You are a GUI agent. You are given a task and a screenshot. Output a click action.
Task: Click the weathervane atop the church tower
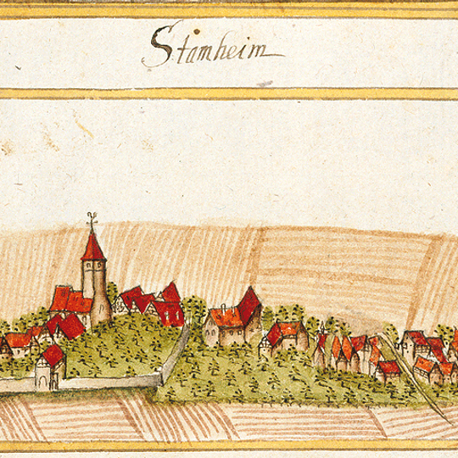[91, 224]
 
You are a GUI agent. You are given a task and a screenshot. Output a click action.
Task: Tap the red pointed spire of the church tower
[91, 247]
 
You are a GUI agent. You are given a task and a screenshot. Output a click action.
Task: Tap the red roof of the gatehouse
[52, 354]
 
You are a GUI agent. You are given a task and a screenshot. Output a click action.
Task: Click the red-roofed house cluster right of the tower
[153, 304]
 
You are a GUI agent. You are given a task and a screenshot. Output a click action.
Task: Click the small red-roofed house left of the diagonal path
[388, 368]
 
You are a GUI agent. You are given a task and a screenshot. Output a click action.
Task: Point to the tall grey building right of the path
[415, 344]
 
